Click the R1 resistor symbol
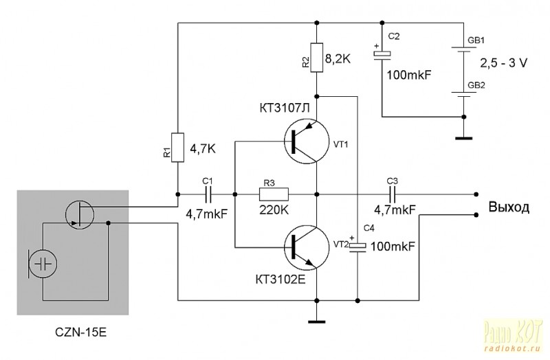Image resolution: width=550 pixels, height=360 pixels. [177, 147]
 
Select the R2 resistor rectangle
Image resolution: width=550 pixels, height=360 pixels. [317, 58]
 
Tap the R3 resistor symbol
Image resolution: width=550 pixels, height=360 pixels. [274, 194]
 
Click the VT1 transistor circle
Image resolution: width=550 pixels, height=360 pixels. [307, 141]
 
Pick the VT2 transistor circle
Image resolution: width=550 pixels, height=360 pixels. [307, 247]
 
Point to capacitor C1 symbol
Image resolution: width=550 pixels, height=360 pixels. [208, 194]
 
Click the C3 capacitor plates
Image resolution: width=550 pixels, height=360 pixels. [392, 194]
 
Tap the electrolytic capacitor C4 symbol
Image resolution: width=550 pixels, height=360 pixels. [357, 246]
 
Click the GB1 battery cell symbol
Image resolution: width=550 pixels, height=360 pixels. [464, 49]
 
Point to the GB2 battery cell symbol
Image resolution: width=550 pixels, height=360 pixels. [464, 94]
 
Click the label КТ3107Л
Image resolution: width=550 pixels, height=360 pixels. [285, 108]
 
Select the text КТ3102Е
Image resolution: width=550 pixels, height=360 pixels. [280, 280]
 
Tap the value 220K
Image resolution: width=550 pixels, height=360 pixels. [274, 210]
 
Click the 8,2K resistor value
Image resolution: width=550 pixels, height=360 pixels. [338, 59]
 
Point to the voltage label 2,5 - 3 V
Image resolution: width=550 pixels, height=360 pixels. [503, 63]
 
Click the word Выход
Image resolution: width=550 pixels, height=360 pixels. [509, 207]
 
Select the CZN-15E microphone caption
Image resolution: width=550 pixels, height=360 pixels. [80, 332]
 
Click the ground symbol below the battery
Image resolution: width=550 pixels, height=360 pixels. [463, 138]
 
